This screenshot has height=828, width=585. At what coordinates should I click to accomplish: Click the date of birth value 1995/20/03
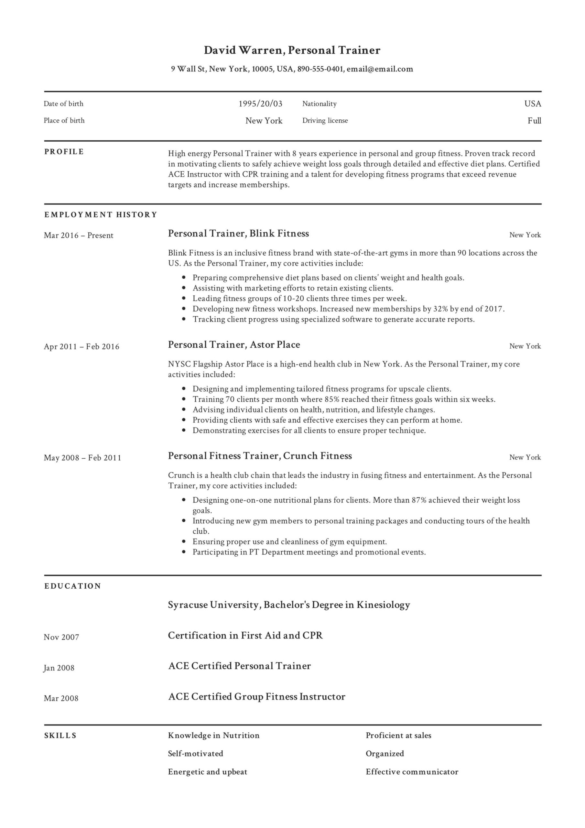(x=260, y=104)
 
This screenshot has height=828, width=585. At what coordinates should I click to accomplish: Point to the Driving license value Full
(x=534, y=121)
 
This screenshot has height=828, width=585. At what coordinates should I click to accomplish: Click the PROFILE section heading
(x=64, y=152)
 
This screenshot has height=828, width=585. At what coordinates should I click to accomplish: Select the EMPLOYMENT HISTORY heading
(x=101, y=215)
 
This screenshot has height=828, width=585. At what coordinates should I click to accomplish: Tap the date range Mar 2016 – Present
(x=78, y=235)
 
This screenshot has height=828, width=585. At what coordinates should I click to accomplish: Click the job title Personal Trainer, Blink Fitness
(x=238, y=234)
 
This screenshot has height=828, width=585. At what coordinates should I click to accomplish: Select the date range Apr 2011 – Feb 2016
(x=81, y=346)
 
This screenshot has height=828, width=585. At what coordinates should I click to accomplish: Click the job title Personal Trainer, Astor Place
(x=234, y=345)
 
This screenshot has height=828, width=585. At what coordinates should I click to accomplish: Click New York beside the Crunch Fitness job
(x=525, y=457)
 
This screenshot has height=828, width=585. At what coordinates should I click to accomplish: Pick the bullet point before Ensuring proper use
(x=184, y=541)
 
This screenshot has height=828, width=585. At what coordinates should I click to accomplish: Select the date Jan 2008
(x=59, y=668)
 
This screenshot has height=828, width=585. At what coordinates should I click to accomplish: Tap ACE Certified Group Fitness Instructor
(x=256, y=696)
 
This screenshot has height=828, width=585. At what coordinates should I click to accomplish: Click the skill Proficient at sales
(x=398, y=735)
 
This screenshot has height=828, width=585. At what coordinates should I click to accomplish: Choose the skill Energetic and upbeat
(x=207, y=772)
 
